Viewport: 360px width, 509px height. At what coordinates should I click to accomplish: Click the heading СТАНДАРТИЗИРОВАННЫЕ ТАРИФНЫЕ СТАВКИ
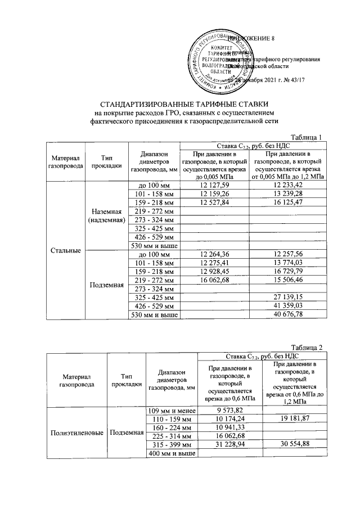181,105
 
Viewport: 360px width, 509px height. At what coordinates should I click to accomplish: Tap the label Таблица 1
306,138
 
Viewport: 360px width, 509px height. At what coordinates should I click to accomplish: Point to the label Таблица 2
306,347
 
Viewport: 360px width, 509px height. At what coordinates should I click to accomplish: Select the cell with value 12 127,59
214,185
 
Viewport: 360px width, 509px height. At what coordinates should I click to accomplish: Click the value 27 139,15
288,296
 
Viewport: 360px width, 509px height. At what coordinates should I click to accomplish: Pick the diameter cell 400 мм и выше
170,453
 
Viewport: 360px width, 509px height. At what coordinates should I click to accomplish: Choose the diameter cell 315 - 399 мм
170,444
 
